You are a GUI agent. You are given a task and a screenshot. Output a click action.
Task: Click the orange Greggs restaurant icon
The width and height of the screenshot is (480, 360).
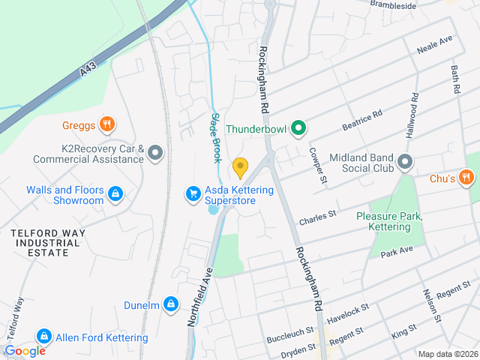(107, 124)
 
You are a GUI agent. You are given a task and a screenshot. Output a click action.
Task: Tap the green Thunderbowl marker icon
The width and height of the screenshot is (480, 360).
(298, 129)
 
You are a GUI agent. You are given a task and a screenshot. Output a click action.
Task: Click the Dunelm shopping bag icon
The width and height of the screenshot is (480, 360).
(172, 304)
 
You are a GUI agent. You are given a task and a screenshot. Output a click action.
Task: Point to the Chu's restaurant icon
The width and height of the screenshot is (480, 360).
(466, 178)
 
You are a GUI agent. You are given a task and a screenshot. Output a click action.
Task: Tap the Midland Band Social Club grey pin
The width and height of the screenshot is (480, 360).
(406, 162)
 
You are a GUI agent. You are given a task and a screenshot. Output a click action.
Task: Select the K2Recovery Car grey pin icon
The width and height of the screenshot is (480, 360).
(155, 154)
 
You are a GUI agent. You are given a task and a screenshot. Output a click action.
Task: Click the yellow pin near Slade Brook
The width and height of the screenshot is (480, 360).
(240, 166)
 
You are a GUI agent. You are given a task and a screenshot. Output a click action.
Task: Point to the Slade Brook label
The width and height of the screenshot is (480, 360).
(215, 138)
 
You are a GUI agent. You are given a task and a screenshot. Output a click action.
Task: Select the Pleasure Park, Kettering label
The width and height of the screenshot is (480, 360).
(390, 221)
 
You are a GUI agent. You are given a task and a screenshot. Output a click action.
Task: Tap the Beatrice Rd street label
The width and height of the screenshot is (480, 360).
(362, 120)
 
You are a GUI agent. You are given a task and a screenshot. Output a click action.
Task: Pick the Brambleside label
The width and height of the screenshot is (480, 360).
(394, 5)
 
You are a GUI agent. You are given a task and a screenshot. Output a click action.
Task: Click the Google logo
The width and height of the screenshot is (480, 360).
(25, 350)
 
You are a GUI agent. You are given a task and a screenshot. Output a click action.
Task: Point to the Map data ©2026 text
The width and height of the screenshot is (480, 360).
(447, 354)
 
